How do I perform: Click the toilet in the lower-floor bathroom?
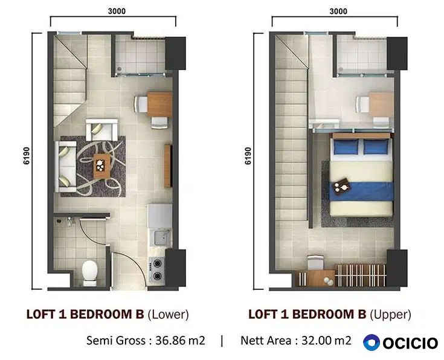(x=90, y=273)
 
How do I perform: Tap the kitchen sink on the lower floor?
(x=162, y=237)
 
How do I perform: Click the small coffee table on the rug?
(x=101, y=166)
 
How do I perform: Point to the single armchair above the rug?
(x=101, y=130)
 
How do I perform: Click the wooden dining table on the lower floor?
(x=159, y=104)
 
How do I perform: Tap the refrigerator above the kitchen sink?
(x=159, y=216)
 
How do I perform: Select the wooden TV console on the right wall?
(x=168, y=166)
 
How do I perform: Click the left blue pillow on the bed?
(x=346, y=147)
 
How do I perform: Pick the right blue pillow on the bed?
(x=376, y=147)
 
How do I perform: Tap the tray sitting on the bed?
(x=341, y=186)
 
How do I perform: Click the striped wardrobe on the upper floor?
(x=361, y=275)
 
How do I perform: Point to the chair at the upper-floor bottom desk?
(x=315, y=263)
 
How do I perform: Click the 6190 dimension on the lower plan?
(x=27, y=155)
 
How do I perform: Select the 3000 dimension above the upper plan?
(x=338, y=11)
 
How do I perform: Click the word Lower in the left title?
(x=168, y=315)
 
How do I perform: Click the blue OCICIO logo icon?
(x=372, y=342)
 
